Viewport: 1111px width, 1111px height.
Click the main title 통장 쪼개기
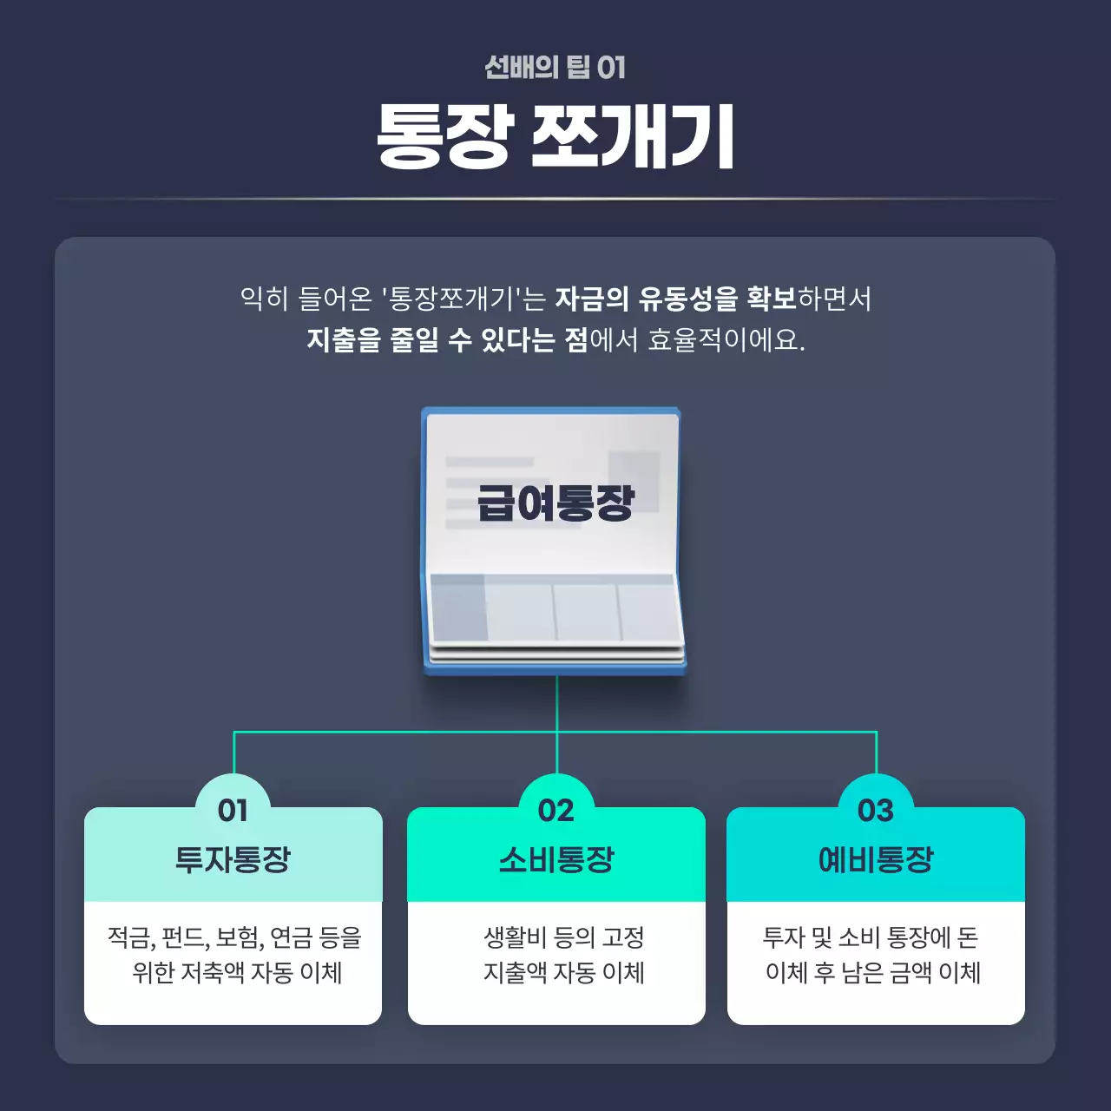pyautogui.click(x=555, y=136)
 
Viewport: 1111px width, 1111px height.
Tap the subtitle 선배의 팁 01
pyautogui.click(x=555, y=67)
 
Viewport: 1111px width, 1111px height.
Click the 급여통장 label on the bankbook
pyautogui.click(x=555, y=503)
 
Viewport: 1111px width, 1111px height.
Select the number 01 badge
pyautogui.click(x=233, y=810)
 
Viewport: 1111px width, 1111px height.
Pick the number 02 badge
pyautogui.click(x=555, y=810)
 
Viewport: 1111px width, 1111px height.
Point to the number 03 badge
pyautogui.click(x=875, y=810)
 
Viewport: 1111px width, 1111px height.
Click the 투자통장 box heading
pyautogui.click(x=233, y=859)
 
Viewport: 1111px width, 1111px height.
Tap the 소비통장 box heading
pyautogui.click(x=555, y=859)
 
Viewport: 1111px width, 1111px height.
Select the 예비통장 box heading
pyautogui.click(x=875, y=859)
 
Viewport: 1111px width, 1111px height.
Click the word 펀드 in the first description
pyautogui.click(x=184, y=937)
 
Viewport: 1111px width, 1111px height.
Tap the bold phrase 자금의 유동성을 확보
pyautogui.click(x=675, y=299)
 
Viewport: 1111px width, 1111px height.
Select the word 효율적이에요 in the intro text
pyautogui.click(x=725, y=339)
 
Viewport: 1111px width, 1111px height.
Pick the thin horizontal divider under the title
pyautogui.click(x=555, y=199)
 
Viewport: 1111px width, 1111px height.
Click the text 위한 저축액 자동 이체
pyautogui.click(x=237, y=972)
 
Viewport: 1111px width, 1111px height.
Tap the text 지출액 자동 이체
pyautogui.click(x=563, y=972)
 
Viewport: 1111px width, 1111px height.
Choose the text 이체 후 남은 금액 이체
pyautogui.click(x=872, y=972)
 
